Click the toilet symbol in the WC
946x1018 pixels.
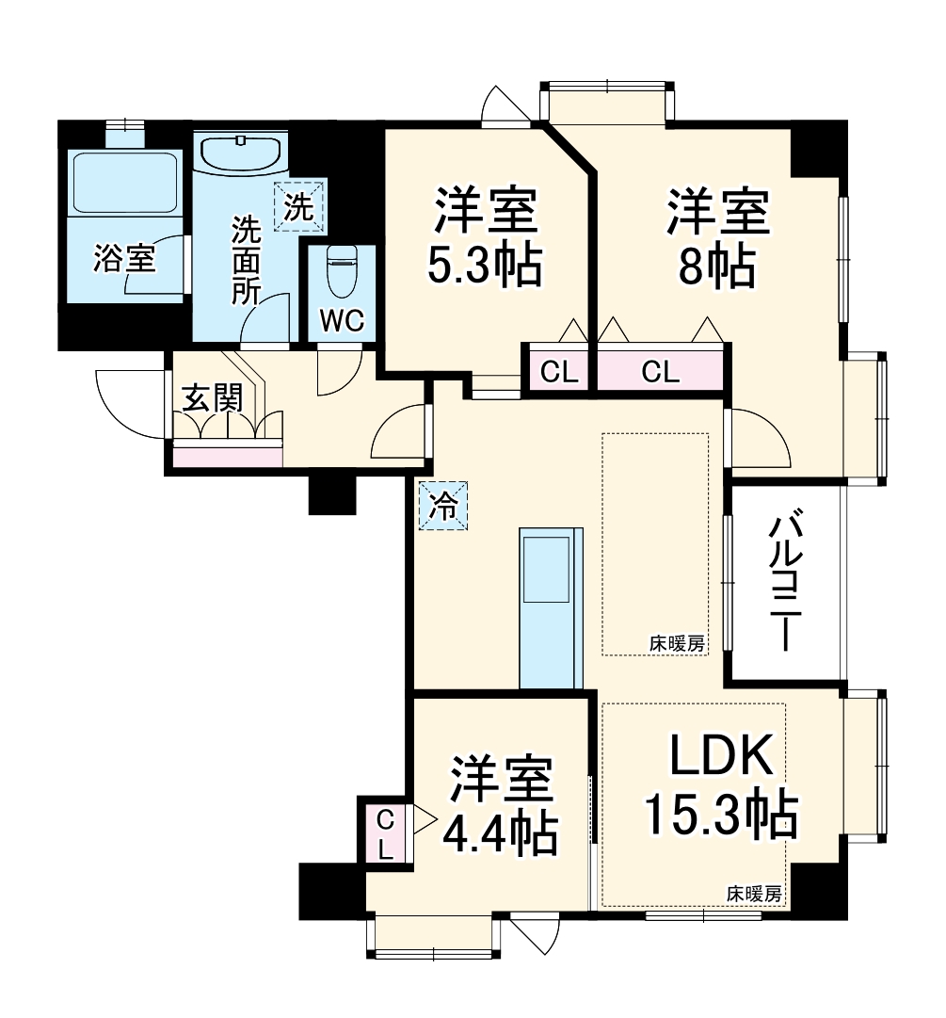coord(338,274)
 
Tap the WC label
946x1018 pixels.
coord(341,321)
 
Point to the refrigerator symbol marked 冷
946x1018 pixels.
coord(442,506)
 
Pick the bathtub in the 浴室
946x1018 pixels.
coord(126,182)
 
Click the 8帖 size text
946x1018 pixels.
coord(718,268)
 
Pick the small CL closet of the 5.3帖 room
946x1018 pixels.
coord(559,372)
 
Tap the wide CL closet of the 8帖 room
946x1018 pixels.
coord(660,372)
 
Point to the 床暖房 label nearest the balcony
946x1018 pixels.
coord(676,643)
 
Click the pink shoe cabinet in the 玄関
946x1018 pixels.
coord(228,457)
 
